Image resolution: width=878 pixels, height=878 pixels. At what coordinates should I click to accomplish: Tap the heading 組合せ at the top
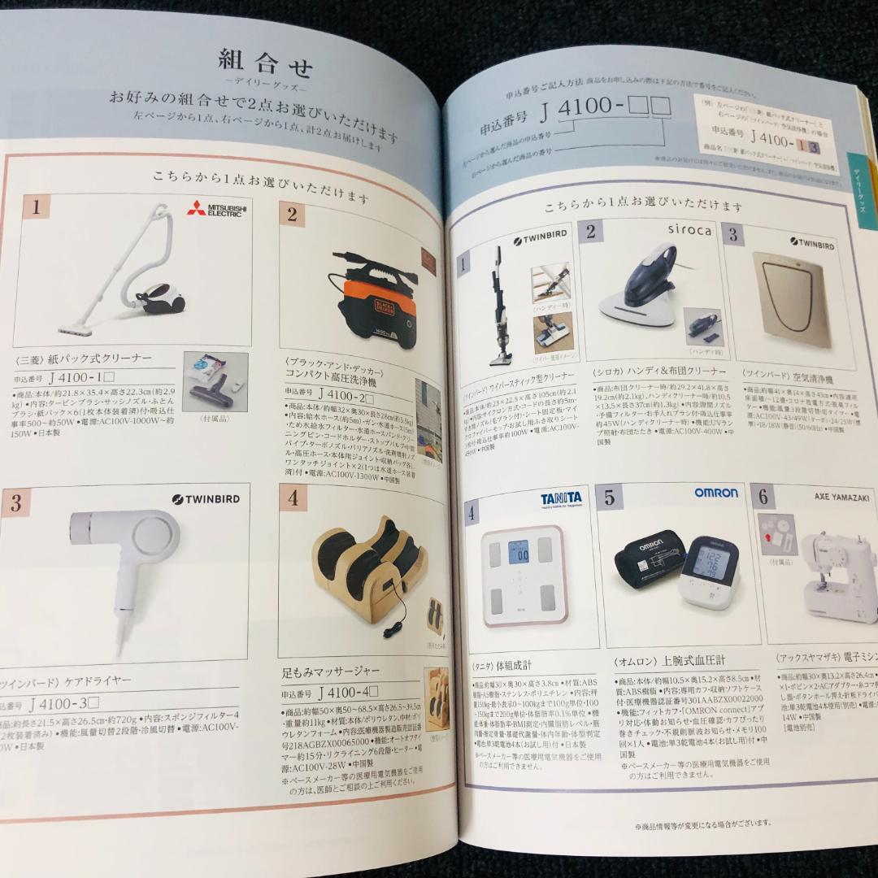(266, 62)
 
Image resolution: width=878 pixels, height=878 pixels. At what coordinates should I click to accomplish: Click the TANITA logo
(560, 497)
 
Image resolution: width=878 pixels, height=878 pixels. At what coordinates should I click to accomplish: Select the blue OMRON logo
(715, 493)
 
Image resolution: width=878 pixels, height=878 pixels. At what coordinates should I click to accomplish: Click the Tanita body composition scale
(524, 574)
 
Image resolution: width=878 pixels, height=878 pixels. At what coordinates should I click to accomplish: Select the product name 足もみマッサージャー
(332, 672)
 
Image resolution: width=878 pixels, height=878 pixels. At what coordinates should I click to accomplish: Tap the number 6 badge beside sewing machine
(763, 496)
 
